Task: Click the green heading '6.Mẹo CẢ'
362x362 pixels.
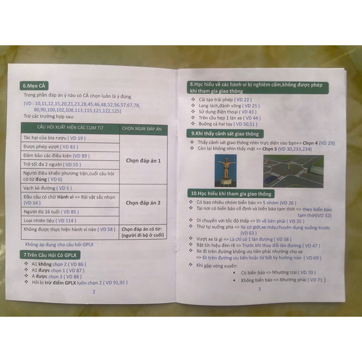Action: pyautogui.click(x=34, y=86)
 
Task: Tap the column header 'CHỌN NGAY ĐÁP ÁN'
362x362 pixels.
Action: pyautogui.click(x=142, y=129)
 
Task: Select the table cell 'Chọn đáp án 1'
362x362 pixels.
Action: pyautogui.click(x=143, y=161)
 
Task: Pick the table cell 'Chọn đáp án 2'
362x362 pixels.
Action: pyautogui.click(x=143, y=203)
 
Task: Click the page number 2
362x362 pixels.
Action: pyautogui.click(x=94, y=292)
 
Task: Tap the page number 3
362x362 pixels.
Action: pyautogui.click(x=259, y=289)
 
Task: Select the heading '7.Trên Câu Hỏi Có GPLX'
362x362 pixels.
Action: pyautogui.click(x=50, y=255)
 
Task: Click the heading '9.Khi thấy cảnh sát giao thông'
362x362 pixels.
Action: pyautogui.click(x=225, y=134)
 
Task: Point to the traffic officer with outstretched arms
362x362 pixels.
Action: pyautogui.click(x=226, y=169)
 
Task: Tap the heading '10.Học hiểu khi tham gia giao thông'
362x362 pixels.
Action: pyautogui.click(x=231, y=194)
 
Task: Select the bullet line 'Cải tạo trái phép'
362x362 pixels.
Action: pyautogui.click(x=225, y=100)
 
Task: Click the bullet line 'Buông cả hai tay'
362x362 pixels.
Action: pyautogui.click(x=228, y=124)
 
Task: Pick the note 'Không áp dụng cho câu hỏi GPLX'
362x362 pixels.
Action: pyautogui.click(x=59, y=245)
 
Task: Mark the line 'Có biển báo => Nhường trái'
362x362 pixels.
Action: pyautogui.click(x=278, y=273)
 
